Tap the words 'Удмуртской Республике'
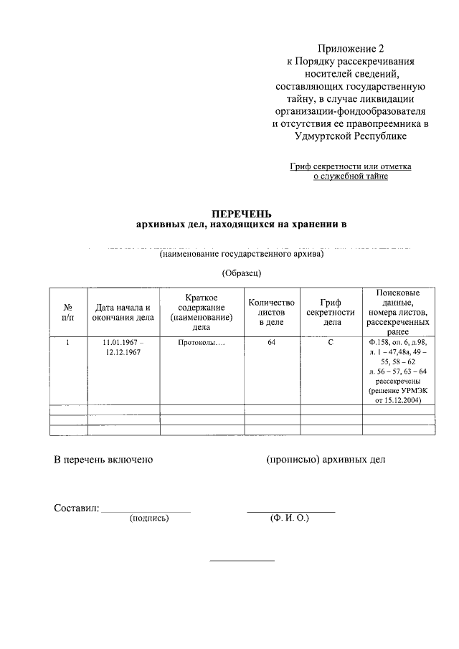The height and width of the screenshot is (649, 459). pos(351,136)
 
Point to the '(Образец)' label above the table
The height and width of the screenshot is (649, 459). pos(242,273)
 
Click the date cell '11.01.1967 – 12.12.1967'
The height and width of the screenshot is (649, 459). pos(123,348)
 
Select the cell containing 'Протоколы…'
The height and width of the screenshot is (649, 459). pos(202,343)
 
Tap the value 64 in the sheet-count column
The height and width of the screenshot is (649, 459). pos(271,343)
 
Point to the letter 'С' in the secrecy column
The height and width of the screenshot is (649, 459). pos(330,343)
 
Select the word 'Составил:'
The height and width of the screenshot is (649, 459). pos(77,508)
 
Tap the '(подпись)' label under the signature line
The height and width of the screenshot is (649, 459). pos(149,517)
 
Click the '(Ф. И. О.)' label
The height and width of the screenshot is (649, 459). pos(290,517)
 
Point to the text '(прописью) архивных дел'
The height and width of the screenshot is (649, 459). pos(326,459)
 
